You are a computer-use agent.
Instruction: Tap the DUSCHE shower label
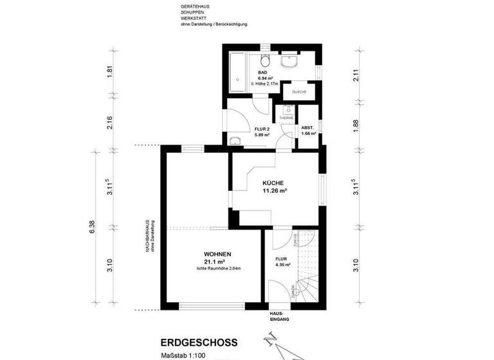click(x=298, y=92)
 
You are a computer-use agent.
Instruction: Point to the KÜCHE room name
click(x=273, y=183)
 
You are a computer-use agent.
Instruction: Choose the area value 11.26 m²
click(x=274, y=191)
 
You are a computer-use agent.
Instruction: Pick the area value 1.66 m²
click(x=309, y=133)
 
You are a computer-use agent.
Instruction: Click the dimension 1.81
click(x=110, y=72)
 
